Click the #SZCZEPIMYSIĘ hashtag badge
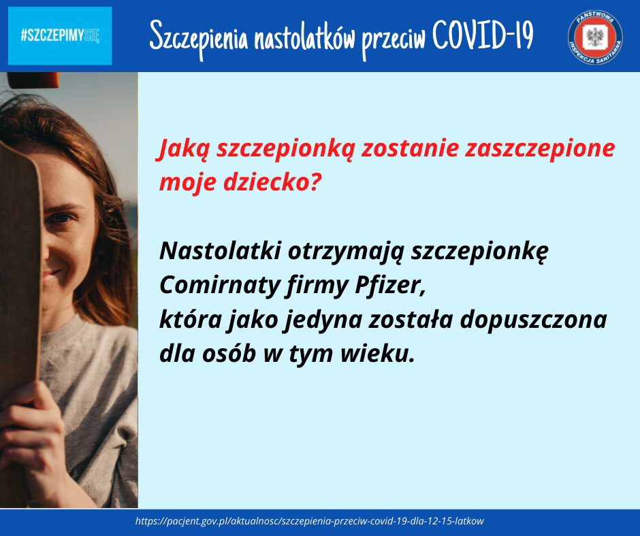tap(60, 36)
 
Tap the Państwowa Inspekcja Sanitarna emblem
tap(595, 37)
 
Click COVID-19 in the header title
tap(483, 35)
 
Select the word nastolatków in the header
tap(304, 37)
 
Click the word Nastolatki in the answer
tap(221, 250)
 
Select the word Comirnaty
tap(220, 285)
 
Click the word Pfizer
tap(390, 285)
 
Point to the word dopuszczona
tap(534, 320)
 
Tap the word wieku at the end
tap(378, 354)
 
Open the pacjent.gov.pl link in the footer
tap(309, 521)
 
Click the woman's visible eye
tap(61, 218)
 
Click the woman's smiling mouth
tap(52, 273)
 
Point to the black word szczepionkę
tap(479, 252)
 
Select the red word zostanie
tap(410, 148)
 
